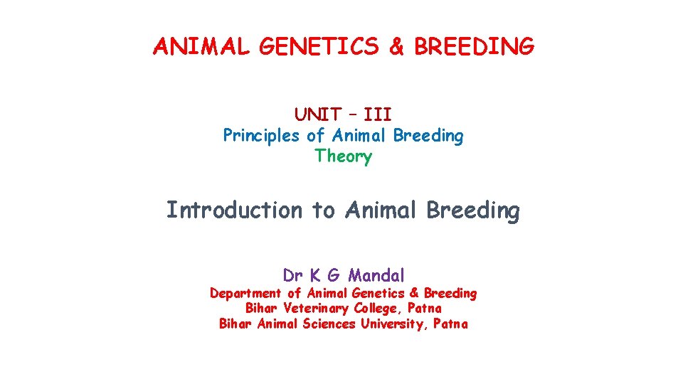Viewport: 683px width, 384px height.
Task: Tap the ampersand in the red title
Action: click(398, 47)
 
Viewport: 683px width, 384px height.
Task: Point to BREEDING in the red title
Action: click(474, 47)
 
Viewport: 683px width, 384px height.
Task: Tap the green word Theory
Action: click(343, 156)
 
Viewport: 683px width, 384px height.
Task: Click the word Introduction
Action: click(234, 210)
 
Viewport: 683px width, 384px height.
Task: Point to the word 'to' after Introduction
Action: click(324, 210)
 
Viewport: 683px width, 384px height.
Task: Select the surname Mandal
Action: click(376, 275)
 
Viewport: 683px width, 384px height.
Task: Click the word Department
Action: click(245, 293)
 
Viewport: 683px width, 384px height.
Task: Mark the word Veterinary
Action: click(316, 309)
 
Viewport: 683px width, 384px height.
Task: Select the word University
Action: click(396, 324)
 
